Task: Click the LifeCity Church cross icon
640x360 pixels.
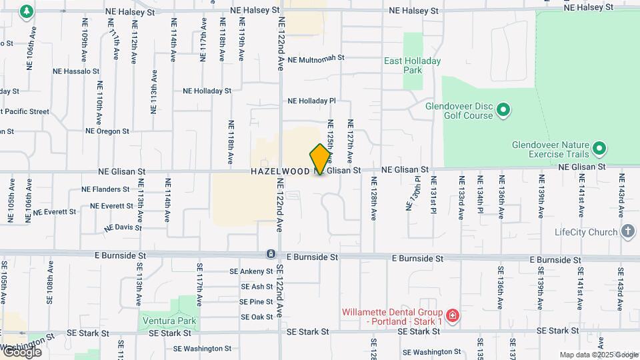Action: (627, 232)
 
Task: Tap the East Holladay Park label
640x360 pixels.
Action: (412, 65)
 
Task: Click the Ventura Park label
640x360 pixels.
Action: (169, 321)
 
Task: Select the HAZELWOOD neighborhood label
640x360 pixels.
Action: (280, 171)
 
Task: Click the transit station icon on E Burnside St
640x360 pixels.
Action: (271, 254)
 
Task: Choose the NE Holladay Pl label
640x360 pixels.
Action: (311, 101)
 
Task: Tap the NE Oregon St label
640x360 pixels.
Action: (107, 131)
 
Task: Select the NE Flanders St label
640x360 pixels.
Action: (105, 189)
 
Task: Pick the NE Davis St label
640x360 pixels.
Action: (123, 227)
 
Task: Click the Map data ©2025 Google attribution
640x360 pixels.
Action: (599, 355)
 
